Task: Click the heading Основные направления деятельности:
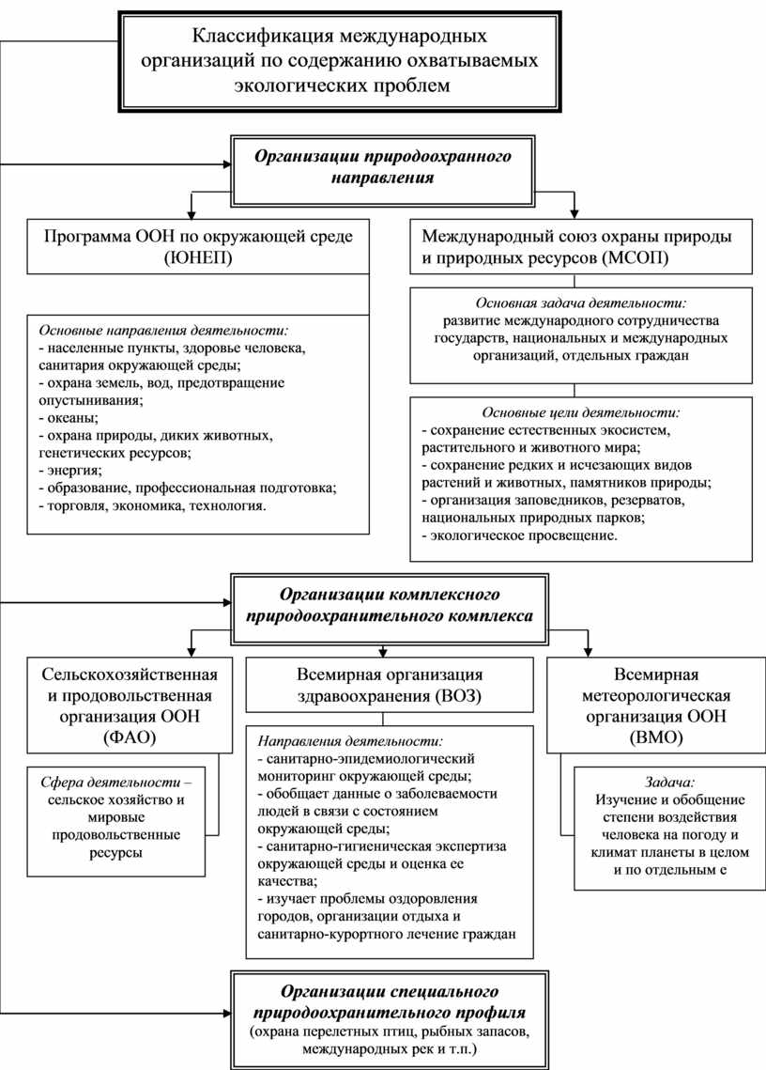[163, 331]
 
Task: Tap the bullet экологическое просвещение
[521, 536]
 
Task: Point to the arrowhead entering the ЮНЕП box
[191, 213]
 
